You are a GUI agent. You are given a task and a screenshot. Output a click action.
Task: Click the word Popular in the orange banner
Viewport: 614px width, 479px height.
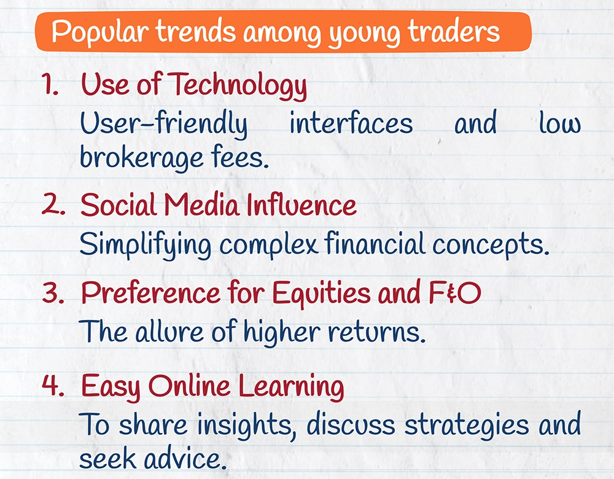click(x=100, y=32)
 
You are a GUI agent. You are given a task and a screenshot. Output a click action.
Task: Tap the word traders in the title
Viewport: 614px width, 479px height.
click(x=454, y=31)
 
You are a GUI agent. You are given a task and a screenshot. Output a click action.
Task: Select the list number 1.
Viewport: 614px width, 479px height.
click(x=50, y=84)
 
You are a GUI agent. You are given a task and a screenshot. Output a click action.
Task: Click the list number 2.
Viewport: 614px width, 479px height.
click(x=53, y=204)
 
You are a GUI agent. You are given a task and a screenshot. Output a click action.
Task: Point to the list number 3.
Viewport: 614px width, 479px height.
click(x=53, y=292)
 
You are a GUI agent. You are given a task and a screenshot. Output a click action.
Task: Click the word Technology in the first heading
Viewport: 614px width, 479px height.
click(x=239, y=85)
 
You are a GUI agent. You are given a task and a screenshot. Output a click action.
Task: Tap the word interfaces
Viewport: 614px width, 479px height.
click(x=351, y=123)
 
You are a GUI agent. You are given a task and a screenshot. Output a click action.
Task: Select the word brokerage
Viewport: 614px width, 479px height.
click(x=141, y=157)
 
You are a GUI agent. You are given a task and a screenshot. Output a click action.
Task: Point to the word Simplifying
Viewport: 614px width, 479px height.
click(x=146, y=244)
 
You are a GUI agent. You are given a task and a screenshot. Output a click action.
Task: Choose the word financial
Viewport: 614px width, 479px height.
click(x=375, y=243)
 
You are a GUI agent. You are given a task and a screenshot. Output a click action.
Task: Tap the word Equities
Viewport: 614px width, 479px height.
click(x=321, y=294)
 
